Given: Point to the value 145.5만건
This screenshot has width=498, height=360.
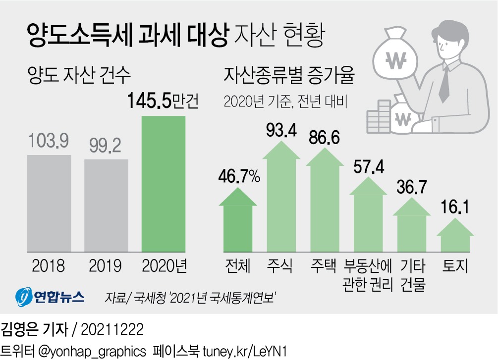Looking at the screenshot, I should pos(163,101).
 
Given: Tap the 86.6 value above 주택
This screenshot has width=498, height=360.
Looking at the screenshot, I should pos(324,137).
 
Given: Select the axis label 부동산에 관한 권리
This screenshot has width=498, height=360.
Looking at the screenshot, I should pos(368,275).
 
